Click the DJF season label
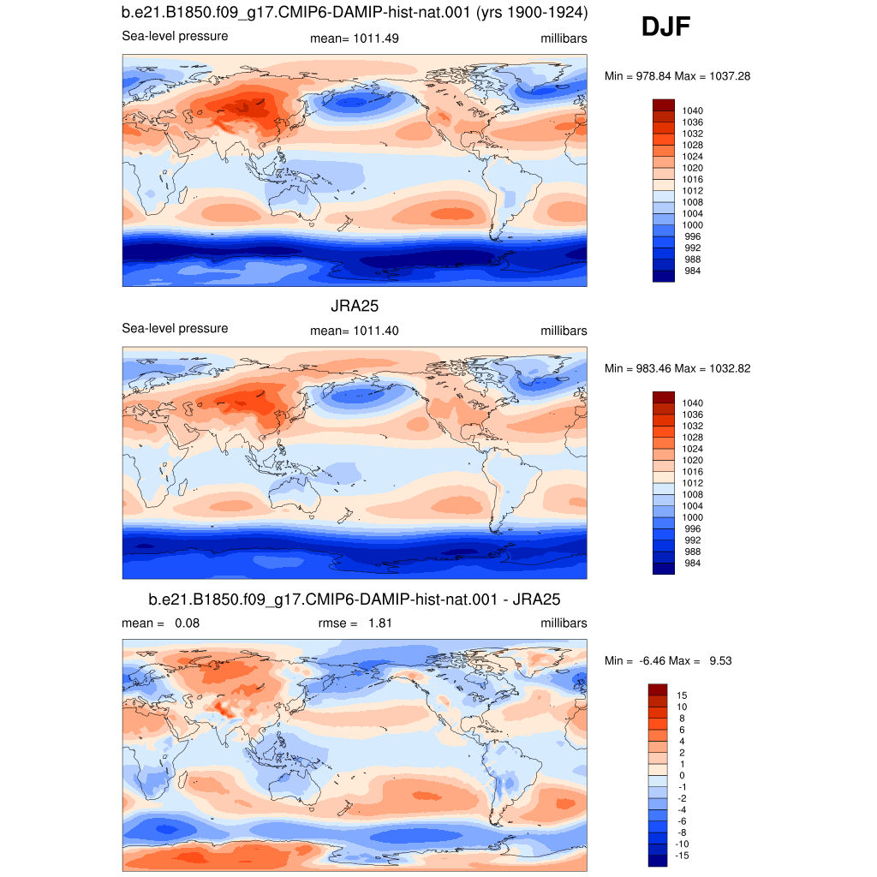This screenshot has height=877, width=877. (665, 27)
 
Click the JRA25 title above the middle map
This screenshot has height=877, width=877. (355, 306)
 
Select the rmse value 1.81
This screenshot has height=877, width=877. (379, 623)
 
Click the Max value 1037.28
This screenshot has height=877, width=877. (730, 76)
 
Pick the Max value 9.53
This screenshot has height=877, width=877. (720, 660)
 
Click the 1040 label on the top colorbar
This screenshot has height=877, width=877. (692, 110)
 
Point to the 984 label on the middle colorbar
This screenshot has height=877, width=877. (692, 564)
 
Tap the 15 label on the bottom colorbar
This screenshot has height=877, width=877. (682, 695)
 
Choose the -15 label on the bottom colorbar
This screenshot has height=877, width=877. (682, 856)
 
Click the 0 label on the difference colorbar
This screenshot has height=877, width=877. (682, 775)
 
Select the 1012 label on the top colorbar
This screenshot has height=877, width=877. (692, 191)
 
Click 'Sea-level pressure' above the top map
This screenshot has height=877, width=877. (175, 36)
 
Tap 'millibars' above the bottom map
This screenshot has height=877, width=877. (564, 623)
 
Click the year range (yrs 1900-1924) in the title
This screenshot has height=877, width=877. (532, 13)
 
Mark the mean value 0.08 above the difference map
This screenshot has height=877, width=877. (187, 623)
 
